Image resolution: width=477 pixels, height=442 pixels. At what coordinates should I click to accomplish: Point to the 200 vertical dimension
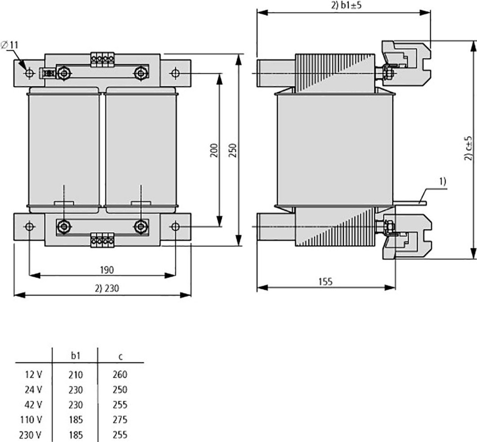tap(214, 150)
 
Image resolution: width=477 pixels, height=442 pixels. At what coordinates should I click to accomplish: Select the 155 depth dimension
tap(326, 282)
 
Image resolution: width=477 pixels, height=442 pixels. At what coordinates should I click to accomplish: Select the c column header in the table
tap(120, 357)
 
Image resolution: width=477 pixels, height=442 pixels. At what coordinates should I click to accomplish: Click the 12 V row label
tap(34, 374)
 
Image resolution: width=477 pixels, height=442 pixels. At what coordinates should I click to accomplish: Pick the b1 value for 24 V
tap(75, 389)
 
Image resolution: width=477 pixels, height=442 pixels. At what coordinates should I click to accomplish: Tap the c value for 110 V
tap(120, 420)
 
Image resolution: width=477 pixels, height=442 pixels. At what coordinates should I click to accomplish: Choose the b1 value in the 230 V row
tap(75, 435)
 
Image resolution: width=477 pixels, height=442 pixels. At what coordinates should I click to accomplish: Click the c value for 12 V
tap(120, 374)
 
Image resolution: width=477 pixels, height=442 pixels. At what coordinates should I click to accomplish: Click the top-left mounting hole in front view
tap(29, 73)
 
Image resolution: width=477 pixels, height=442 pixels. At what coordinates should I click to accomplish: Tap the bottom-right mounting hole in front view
tap(175, 226)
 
